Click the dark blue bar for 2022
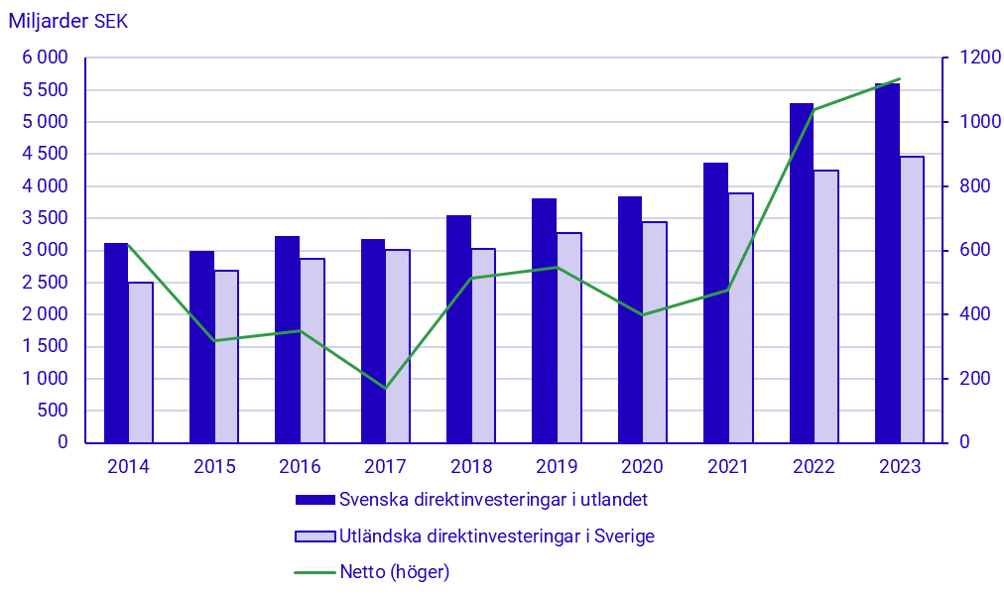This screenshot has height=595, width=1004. pyautogui.click(x=802, y=273)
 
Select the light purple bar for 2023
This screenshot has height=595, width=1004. pyautogui.click(x=911, y=299)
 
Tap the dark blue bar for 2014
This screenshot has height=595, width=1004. pyautogui.click(x=116, y=342)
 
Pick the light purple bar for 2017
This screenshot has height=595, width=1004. pyautogui.click(x=397, y=346)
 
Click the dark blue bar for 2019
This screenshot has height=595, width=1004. pyautogui.click(x=544, y=320)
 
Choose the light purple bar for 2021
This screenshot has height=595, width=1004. pyautogui.click(x=740, y=317)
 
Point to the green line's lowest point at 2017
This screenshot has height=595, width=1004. pyautogui.click(x=385, y=388)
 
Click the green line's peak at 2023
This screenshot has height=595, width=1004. pyautogui.click(x=899, y=79)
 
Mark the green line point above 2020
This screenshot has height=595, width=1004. pyautogui.click(x=642, y=315)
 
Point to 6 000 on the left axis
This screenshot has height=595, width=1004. pyautogui.click(x=45, y=58)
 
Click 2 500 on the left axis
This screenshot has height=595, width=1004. pyautogui.click(x=45, y=283)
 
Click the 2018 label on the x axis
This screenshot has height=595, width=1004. pyautogui.click(x=471, y=467)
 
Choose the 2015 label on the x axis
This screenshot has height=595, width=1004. pyautogui.click(x=214, y=467)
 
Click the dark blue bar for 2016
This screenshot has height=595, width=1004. pyautogui.click(x=288, y=339)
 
